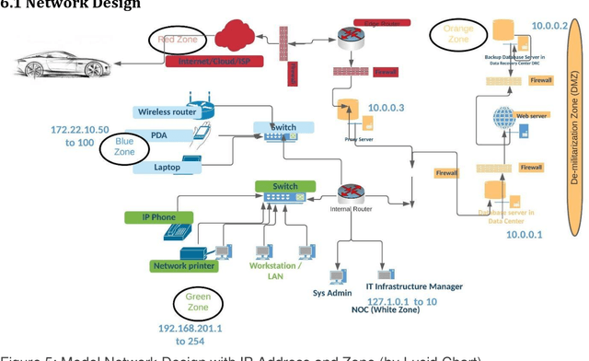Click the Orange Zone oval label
click(457, 34)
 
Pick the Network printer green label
click(183, 266)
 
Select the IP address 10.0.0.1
click(525, 235)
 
